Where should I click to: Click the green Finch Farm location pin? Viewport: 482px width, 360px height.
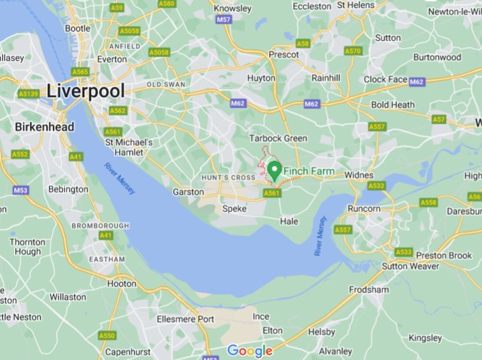[274, 169]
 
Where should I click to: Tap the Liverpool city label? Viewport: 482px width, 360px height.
[86, 91]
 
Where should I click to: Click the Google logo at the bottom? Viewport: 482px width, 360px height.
[250, 351]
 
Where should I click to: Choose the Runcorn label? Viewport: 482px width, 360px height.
[364, 209]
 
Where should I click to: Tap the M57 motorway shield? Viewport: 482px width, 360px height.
[224, 20]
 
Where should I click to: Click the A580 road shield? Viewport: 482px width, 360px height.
[166, 4]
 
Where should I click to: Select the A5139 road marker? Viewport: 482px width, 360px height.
[29, 94]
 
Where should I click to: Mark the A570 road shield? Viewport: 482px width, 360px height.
[353, 51]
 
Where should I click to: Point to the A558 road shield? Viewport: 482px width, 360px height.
[428, 202]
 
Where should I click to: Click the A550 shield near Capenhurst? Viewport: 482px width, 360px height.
[107, 335]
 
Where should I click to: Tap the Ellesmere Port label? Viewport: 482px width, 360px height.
[185, 319]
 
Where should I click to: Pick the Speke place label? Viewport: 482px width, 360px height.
[234, 209]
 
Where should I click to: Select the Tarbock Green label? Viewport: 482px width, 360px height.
[278, 139]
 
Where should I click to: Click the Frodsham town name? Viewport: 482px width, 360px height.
[368, 290]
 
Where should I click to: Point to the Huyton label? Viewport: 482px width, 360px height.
[260, 78]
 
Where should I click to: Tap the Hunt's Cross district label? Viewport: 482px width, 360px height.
[228, 177]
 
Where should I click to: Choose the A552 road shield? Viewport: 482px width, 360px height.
[20, 154]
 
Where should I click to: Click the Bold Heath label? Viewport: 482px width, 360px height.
[393, 105]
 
